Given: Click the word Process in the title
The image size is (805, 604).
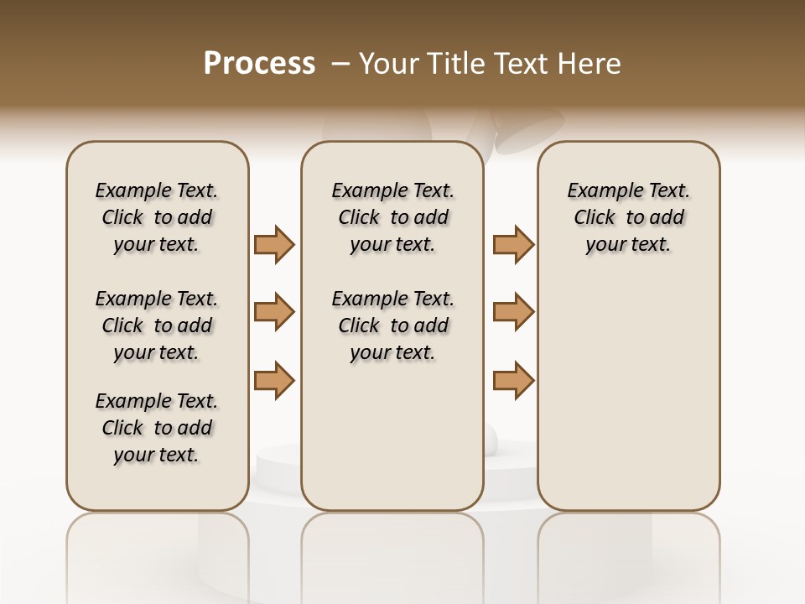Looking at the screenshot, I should [259, 63].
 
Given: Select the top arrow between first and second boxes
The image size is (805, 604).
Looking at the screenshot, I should [274, 244].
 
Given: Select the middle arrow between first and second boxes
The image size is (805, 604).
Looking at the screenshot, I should [274, 312].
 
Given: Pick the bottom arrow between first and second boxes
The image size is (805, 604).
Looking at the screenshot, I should [274, 380].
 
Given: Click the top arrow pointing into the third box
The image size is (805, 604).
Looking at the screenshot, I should [513, 244].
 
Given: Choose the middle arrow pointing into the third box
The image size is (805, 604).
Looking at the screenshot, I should [513, 312].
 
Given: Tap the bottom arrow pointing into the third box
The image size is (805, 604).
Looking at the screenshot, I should [513, 380].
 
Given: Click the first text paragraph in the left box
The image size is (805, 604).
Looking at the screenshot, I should [157, 217].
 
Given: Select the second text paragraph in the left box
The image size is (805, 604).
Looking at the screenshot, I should [157, 325].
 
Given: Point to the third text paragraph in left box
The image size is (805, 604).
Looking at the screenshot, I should [157, 428].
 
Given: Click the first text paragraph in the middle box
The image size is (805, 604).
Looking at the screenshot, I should [392, 217].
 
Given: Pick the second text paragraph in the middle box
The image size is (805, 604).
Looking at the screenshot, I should [392, 325].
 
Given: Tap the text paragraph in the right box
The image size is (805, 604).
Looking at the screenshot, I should [628, 217].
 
